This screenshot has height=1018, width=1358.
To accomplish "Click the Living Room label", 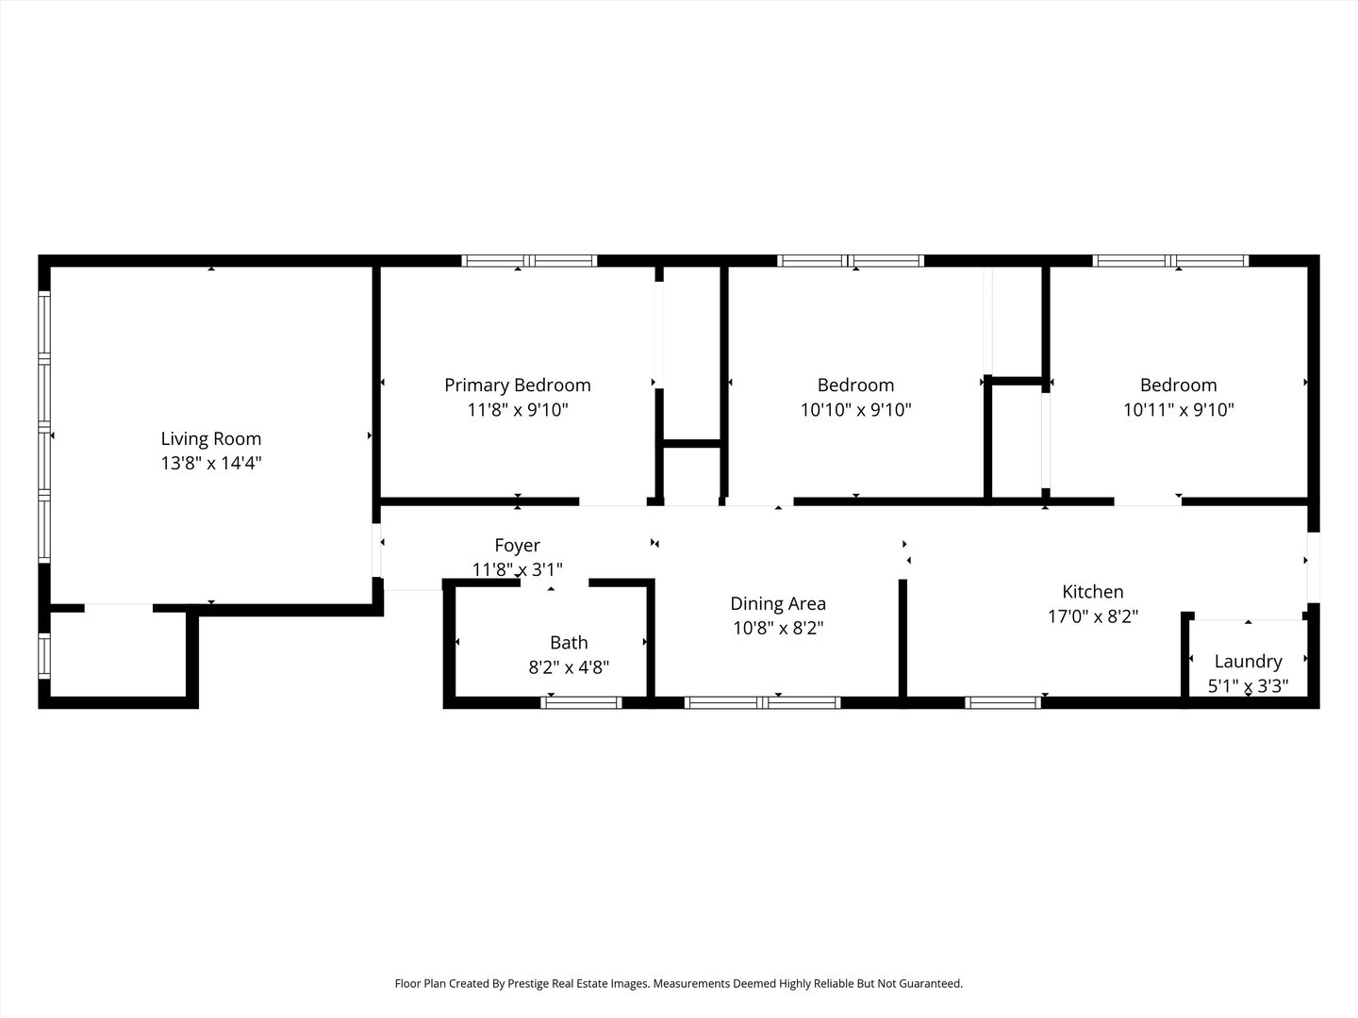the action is (x=211, y=439).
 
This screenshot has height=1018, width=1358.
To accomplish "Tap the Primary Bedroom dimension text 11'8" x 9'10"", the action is (x=517, y=410).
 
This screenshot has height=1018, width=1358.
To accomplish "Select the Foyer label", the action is (x=517, y=545).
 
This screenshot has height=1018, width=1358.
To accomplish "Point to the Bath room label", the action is (x=569, y=643).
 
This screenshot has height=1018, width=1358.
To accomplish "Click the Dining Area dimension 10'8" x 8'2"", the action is (x=778, y=628).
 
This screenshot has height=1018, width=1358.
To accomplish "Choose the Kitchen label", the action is (x=1093, y=592).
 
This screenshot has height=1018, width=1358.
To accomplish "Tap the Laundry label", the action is (x=1248, y=662).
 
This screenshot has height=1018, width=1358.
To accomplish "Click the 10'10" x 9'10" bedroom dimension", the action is (x=855, y=410).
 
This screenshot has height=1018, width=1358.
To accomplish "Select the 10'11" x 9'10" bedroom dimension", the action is (x=1178, y=410).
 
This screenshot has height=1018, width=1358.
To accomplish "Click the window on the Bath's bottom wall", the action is (x=581, y=703).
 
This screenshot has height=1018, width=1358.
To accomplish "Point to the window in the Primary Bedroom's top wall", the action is (x=529, y=261).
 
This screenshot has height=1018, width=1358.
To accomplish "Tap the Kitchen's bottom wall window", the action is (x=1002, y=703).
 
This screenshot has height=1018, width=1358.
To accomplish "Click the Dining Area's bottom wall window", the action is (x=762, y=703).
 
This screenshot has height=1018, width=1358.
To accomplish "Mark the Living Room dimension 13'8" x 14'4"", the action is (x=211, y=464).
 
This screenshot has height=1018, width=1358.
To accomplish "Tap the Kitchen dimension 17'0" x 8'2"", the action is (x=1093, y=616).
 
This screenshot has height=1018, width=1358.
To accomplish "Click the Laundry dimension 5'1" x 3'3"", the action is (x=1248, y=686).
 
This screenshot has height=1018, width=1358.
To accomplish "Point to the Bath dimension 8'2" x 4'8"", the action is (x=569, y=667).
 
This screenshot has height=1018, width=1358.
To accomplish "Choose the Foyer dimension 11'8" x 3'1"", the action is (x=517, y=569).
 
